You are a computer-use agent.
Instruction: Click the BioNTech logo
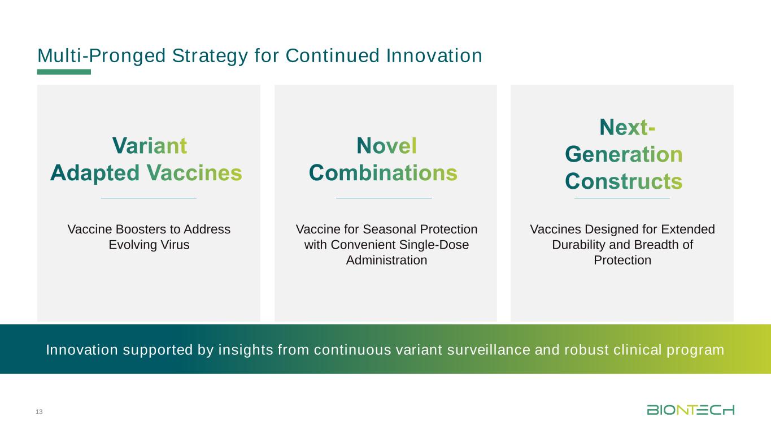[x=690, y=410]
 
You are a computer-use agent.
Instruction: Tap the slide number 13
[x=39, y=411]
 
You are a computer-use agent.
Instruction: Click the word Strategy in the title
[x=210, y=56]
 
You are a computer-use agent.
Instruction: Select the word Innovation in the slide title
[x=434, y=55]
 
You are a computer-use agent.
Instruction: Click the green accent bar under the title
[x=64, y=72]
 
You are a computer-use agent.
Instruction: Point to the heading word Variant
[x=150, y=146]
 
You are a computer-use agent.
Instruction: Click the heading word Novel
[x=386, y=146]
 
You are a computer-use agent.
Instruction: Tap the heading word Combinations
[x=383, y=172]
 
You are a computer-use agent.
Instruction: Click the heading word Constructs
[x=624, y=181]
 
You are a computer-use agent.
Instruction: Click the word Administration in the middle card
[x=386, y=260]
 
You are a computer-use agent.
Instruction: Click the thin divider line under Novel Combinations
[x=384, y=198]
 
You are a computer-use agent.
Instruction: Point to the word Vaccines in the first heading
[x=194, y=172]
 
